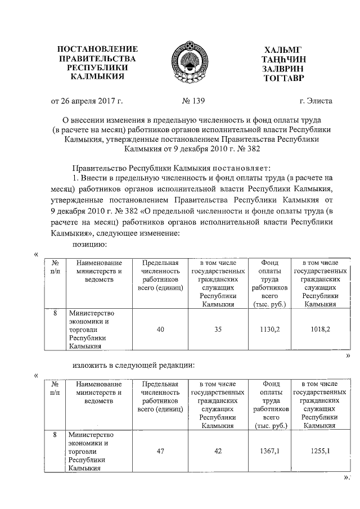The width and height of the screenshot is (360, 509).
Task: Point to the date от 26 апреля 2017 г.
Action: point(87,101)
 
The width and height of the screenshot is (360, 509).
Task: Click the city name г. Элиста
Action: point(316,101)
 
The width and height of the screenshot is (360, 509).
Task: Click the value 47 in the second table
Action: point(160,451)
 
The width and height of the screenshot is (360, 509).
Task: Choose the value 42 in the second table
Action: point(218,451)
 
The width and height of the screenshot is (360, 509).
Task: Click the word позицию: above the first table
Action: point(89,245)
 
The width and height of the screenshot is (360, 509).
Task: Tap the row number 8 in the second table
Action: point(55,435)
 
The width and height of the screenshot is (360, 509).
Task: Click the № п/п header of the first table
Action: point(55,267)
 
